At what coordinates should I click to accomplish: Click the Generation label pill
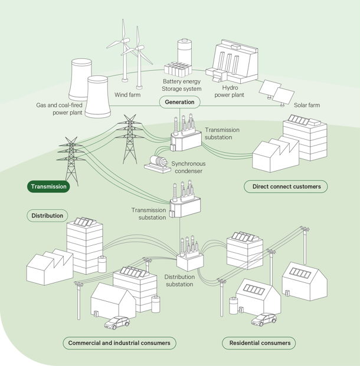click(x=179, y=102)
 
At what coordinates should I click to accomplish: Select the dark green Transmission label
click(x=48, y=186)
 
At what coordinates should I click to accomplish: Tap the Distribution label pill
click(x=47, y=216)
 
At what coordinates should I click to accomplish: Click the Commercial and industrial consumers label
click(x=119, y=342)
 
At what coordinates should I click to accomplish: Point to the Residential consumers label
click(x=259, y=342)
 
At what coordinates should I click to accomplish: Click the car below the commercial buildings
click(x=116, y=323)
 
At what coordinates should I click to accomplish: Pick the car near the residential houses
click(x=263, y=319)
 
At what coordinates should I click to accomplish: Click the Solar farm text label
click(x=307, y=105)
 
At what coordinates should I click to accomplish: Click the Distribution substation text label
click(x=179, y=281)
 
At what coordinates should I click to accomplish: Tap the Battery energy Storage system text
click(x=181, y=85)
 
